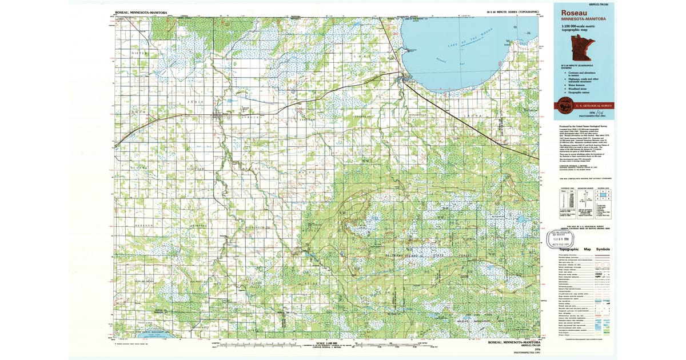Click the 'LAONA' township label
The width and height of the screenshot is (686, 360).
tap(477, 116)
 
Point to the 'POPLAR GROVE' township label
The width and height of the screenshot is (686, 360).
tap(144, 282)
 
